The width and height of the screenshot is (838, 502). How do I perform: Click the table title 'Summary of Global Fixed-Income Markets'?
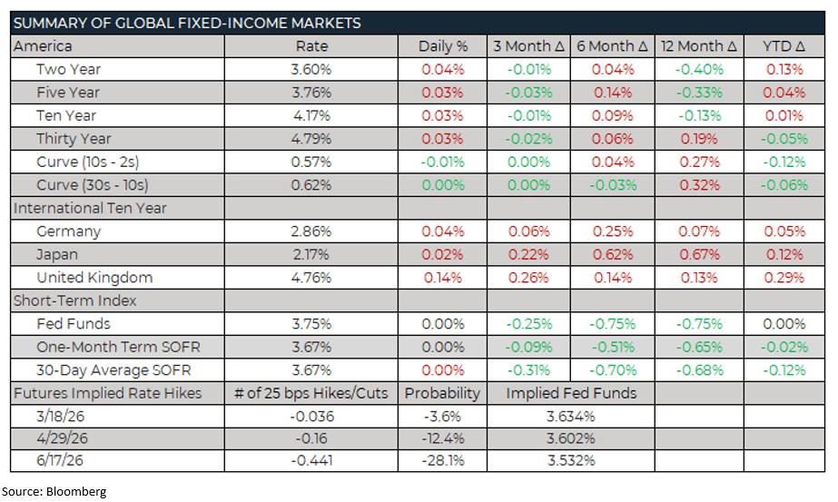pos(186,23)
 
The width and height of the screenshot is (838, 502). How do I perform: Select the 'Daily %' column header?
pos(442,46)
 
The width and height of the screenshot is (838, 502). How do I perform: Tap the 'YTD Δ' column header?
pos(785,46)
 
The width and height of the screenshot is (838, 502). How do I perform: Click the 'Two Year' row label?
pos(68,69)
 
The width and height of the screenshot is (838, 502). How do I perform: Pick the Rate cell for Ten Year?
pos(311,115)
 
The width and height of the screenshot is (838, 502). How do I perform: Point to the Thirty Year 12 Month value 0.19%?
pos(700,139)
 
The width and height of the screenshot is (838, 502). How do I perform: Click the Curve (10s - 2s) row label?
pos(87,162)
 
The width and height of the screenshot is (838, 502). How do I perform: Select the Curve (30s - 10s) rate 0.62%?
pos(311,185)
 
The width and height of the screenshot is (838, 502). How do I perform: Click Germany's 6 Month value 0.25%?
pos(613,231)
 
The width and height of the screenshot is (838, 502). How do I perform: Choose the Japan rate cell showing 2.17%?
pos(311,254)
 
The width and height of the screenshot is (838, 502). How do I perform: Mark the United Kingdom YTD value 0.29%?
pos(785,278)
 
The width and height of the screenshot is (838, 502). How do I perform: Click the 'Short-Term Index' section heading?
pos(74,300)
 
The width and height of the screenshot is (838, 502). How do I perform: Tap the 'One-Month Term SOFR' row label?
pos(118,347)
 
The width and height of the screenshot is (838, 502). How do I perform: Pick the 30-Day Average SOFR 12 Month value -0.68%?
pos(700,370)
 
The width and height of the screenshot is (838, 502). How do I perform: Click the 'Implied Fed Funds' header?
pos(571,393)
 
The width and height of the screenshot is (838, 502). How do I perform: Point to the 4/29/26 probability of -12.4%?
pos(442,438)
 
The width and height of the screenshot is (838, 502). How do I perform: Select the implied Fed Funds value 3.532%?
pos(571,460)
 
